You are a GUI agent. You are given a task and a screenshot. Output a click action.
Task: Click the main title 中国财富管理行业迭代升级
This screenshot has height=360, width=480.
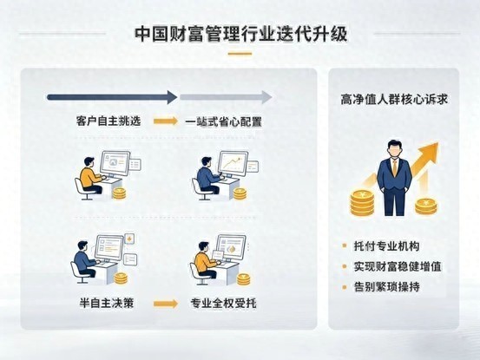tap(241, 34)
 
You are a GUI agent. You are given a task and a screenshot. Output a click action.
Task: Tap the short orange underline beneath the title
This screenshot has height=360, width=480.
tap(240, 54)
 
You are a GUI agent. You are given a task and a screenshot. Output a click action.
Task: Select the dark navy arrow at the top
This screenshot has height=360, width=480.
tap(112, 97)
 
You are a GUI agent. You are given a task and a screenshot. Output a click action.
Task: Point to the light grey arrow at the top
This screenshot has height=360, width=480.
tap(226, 97)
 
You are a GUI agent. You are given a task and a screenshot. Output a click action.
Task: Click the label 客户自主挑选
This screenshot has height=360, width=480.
tap(108, 121)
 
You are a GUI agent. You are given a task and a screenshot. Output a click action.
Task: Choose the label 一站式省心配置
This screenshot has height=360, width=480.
tap(223, 121)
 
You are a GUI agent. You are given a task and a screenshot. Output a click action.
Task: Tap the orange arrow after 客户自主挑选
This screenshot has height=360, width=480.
tap(166, 121)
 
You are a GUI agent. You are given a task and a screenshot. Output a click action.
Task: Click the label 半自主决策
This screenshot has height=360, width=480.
tap(107, 303)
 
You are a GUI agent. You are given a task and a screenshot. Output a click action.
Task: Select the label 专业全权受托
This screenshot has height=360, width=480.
tap(223, 303)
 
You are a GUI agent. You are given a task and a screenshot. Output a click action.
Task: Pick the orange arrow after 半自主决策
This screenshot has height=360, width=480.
tap(166, 304)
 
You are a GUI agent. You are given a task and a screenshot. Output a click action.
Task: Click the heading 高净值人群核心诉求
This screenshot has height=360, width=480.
tap(394, 100)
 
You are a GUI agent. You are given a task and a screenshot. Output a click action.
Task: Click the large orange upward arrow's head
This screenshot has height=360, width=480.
tap(430, 153)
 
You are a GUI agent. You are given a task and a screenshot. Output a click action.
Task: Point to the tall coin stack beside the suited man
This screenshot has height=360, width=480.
tap(362, 203)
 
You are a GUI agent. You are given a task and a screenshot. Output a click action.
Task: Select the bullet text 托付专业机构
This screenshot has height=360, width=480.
tap(386, 245)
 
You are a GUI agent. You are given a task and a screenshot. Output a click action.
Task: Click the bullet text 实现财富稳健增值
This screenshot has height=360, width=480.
tap(398, 266)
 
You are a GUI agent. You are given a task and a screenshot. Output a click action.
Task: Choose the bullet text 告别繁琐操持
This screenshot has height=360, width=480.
tap(386, 287)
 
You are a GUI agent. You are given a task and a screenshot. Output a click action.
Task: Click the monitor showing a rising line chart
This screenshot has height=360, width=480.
tap(233, 164)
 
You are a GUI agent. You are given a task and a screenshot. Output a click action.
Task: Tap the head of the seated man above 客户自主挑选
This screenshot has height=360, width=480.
tap(89, 162)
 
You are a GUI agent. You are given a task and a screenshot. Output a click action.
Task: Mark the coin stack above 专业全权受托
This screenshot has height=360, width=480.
tap(244, 279)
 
